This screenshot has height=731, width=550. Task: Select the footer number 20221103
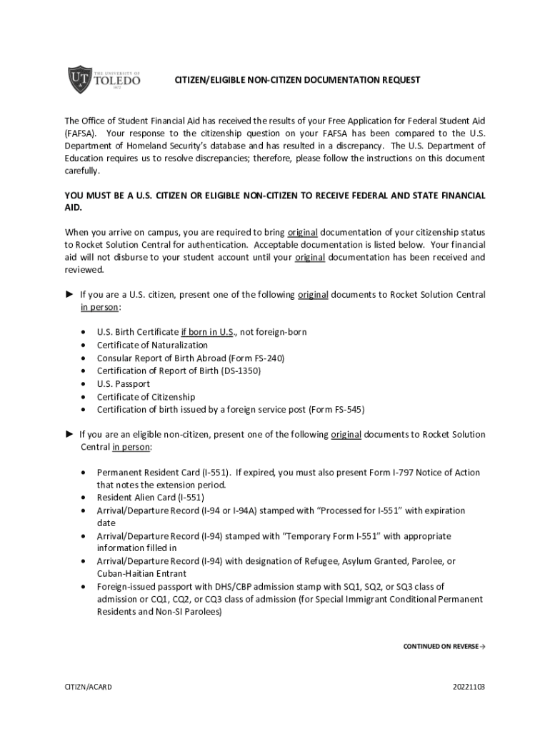point(469,687)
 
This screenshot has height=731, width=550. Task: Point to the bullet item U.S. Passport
point(124,384)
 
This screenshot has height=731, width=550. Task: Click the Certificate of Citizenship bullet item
point(146,397)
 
